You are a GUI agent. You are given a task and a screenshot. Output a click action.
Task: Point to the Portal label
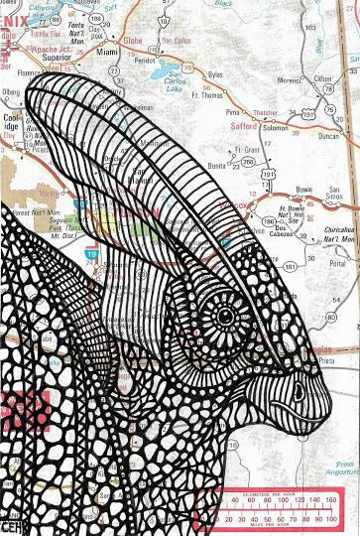point(337,264)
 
